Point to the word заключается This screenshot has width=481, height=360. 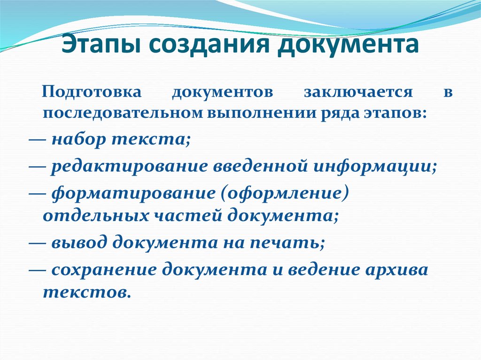pos(358,91)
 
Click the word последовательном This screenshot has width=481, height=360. pos(121,114)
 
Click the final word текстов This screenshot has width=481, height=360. pos(85,292)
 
